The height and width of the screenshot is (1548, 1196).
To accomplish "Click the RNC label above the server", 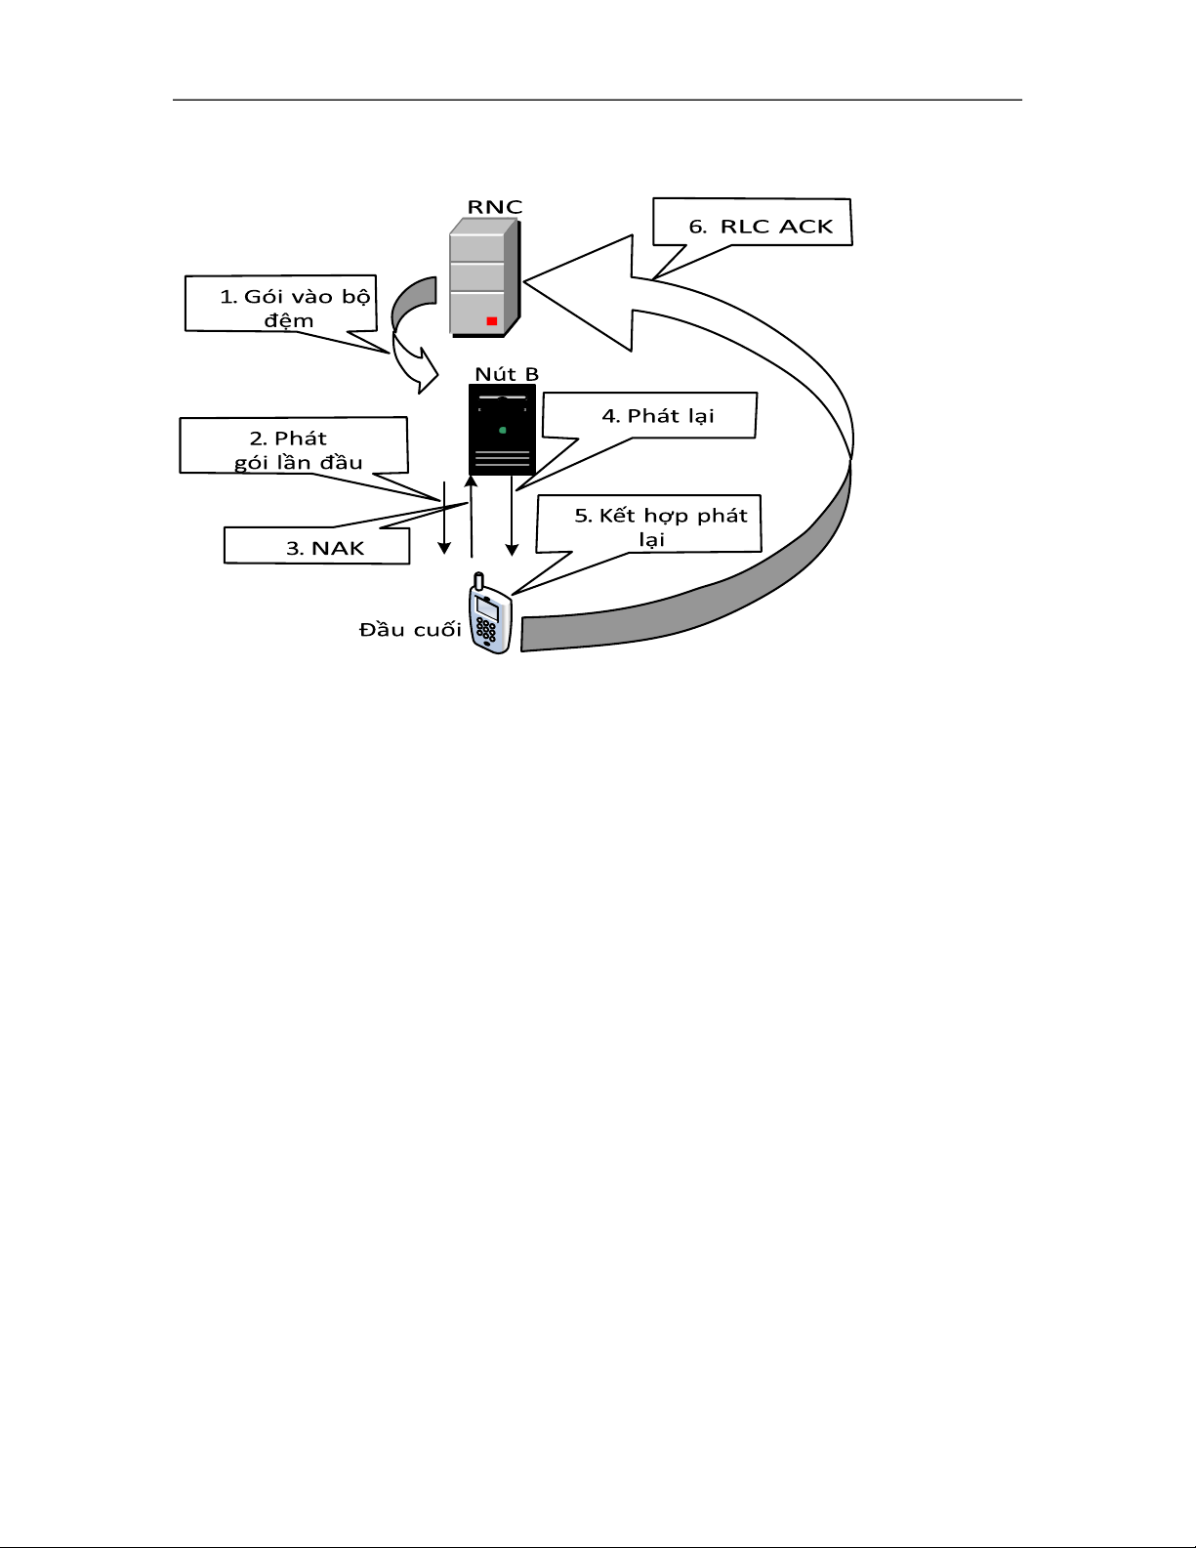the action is [x=495, y=207].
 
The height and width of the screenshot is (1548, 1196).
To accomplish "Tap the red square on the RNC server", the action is [x=491, y=321].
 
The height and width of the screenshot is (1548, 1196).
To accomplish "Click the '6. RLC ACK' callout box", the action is [x=753, y=223].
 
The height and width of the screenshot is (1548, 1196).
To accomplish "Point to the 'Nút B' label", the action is [x=507, y=374].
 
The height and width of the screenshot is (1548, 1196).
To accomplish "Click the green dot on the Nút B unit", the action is [x=503, y=431].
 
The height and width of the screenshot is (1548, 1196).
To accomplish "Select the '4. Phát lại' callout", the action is [x=649, y=416].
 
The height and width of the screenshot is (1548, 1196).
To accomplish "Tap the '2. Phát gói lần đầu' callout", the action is [x=293, y=445].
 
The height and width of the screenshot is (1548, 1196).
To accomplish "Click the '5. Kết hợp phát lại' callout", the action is [x=648, y=523].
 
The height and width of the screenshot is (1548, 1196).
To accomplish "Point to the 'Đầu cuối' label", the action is [x=410, y=630].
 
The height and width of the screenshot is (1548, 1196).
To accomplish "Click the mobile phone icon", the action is [x=490, y=614].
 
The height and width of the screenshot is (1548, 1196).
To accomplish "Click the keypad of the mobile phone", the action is [x=486, y=631].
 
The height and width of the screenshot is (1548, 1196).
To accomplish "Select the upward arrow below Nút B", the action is [x=471, y=517].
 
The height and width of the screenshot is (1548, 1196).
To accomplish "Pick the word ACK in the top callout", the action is [x=805, y=227].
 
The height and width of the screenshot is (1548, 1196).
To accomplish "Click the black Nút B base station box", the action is [x=502, y=430].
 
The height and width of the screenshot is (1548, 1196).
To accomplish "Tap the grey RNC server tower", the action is [x=485, y=277].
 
